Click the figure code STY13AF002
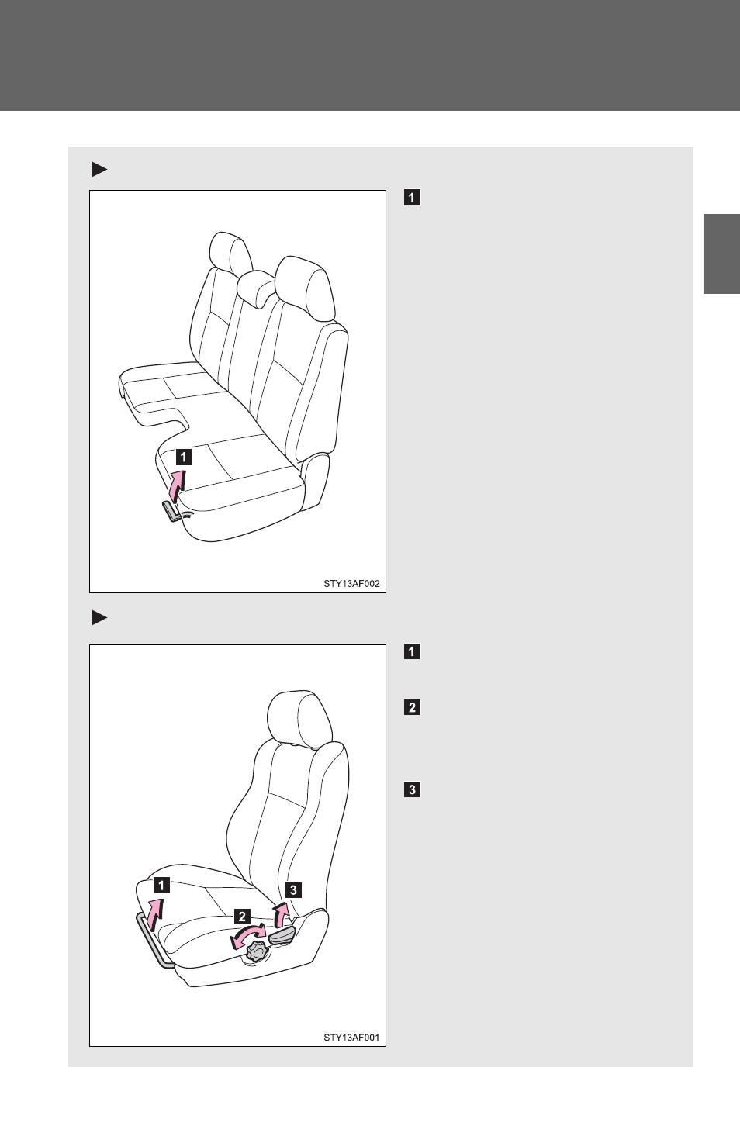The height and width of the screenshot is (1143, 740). [351, 584]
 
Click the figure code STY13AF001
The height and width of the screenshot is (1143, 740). [351, 1038]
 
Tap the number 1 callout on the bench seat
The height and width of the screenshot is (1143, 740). [183, 457]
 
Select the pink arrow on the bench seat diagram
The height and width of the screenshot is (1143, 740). [176, 486]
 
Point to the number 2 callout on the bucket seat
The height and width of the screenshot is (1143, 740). [242, 917]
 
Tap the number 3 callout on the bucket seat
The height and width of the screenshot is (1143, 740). [293, 890]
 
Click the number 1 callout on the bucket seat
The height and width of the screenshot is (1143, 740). [161, 886]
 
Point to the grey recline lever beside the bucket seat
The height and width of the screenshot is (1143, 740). [282, 935]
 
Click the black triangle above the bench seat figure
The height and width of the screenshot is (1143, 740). [99, 169]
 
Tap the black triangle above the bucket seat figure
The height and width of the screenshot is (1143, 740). [99, 618]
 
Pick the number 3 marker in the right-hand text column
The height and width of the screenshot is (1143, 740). [412, 790]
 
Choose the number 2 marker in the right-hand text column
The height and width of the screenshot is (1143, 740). [412, 708]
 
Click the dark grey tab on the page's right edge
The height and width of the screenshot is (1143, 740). [721, 254]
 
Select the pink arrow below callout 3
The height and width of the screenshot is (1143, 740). [280, 915]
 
